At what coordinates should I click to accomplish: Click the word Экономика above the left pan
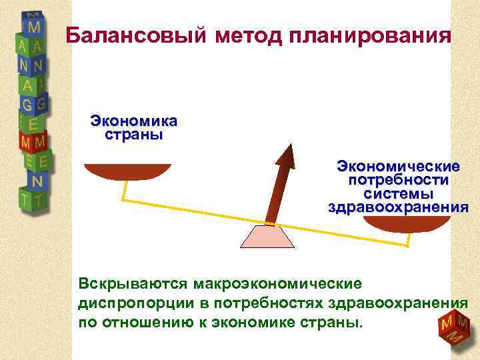pos(134,121)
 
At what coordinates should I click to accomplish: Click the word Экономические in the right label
pos(398,166)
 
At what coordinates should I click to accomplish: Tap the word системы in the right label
pos(398,193)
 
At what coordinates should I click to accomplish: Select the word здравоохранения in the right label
pos(398,207)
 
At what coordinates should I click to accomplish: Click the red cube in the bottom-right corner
pos(454,329)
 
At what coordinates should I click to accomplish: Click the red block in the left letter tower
pos(33,141)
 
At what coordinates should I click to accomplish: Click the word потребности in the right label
pos(398,180)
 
